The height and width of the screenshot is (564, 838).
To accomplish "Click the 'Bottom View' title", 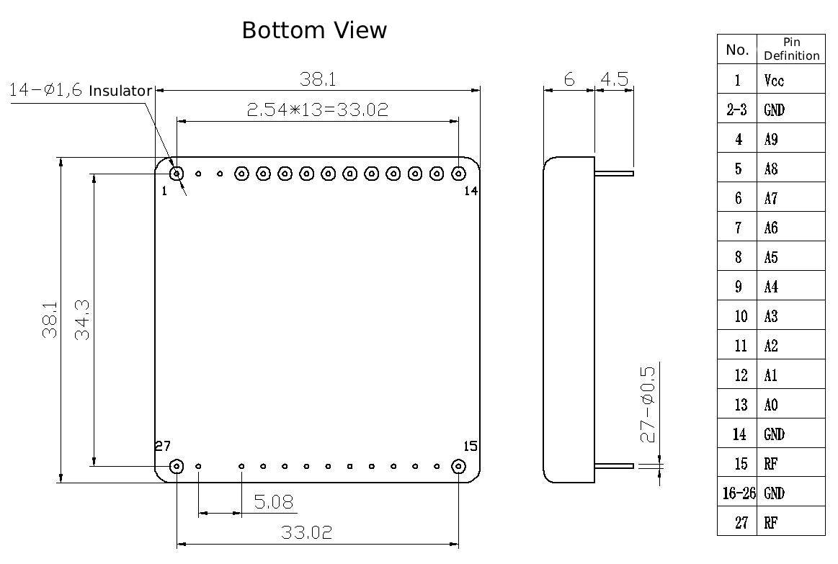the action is pos(314,30).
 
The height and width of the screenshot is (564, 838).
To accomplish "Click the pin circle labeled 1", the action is pos(177,174).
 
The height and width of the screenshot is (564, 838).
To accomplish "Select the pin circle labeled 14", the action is pos(458,174).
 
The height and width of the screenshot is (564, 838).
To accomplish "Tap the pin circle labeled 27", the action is pos(177,466).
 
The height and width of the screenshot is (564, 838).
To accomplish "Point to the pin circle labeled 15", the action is pos(458,466).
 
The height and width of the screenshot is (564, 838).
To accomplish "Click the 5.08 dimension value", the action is pos(273,501).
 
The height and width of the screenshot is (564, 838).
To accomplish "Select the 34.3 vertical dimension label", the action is pos(82,320).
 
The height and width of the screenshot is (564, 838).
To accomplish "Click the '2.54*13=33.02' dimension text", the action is pos(318,109).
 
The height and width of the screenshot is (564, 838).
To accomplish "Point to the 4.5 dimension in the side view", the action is pos(614,79).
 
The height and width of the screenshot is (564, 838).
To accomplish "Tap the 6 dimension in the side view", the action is pos(569,79).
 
